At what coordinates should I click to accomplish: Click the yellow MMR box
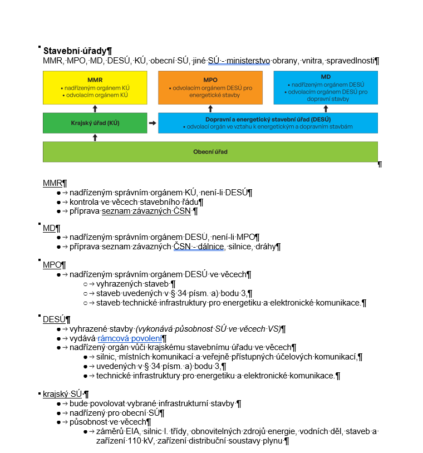(x=95, y=87)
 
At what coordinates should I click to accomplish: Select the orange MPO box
(x=210, y=87)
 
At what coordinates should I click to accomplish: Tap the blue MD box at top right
(x=326, y=87)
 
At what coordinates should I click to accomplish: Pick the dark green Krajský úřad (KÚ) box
(x=95, y=123)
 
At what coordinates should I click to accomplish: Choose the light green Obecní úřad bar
(x=210, y=152)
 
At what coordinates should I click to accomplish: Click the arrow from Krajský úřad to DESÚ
(x=153, y=123)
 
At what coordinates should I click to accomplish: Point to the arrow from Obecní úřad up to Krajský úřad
(x=95, y=137)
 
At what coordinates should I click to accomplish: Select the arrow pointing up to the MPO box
(x=210, y=109)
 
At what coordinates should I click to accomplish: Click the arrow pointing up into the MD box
(x=326, y=109)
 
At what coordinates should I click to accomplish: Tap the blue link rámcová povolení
(x=130, y=338)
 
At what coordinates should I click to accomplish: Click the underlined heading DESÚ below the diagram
(x=55, y=319)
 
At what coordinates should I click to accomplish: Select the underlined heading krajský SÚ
(x=62, y=394)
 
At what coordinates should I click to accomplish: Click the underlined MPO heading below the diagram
(x=52, y=265)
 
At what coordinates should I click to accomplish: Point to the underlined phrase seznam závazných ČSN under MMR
(x=146, y=211)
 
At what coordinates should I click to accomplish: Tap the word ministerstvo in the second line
(x=248, y=61)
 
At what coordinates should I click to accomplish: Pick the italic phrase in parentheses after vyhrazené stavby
(x=208, y=329)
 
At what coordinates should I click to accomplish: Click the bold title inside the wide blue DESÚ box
(x=268, y=119)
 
